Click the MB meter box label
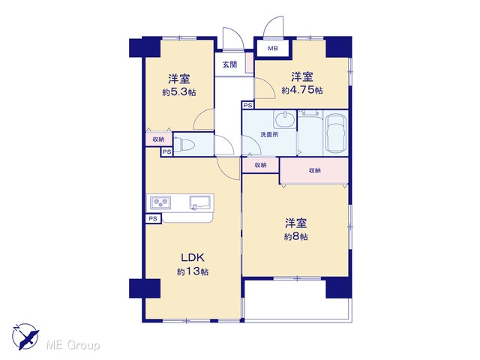tap(272, 48)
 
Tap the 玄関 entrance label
tap(229, 64)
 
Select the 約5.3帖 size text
tap(179, 92)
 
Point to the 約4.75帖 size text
tap(302, 90)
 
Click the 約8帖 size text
tap(295, 237)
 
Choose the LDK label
tap(193, 258)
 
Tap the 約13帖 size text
tap(193, 271)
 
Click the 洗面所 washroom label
tap(269, 134)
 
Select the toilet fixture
tap(184, 145)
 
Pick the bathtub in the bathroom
tap(335, 133)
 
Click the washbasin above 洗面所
tap(285, 120)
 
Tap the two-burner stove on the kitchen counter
tap(160, 202)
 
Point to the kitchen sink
tap(200, 203)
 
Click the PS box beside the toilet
tap(166, 151)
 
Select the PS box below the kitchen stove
tap(153, 218)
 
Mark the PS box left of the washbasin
tap(248, 105)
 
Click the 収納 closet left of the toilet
tap(158, 139)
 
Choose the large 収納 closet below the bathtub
tap(315, 170)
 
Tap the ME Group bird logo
tap(25, 337)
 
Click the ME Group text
tap(73, 346)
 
